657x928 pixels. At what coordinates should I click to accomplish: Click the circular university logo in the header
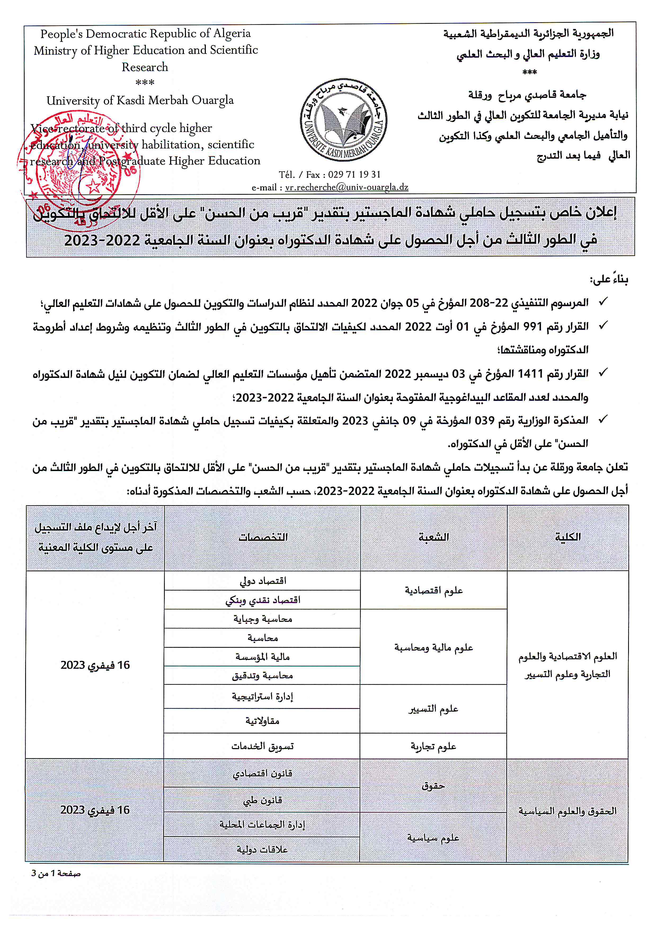pyautogui.click(x=344, y=120)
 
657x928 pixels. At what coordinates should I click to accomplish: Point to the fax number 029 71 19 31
pyautogui.click(x=354, y=175)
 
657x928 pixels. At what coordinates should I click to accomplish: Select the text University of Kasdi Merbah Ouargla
pyautogui.click(x=140, y=100)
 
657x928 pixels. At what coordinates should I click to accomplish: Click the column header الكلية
pyautogui.click(x=568, y=537)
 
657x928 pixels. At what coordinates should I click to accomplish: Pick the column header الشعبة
pyautogui.click(x=434, y=537)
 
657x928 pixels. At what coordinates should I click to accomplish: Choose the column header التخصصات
pyautogui.click(x=263, y=537)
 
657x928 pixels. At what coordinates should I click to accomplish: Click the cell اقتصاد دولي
pyautogui.click(x=263, y=581)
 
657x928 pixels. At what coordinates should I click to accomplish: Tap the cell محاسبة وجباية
pyautogui.click(x=263, y=619)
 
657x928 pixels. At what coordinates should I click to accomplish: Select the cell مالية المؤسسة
pyautogui.click(x=263, y=657)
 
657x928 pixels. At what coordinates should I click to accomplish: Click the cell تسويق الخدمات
pyautogui.click(x=263, y=746)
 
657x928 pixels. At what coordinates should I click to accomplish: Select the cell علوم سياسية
pyautogui.click(x=433, y=838)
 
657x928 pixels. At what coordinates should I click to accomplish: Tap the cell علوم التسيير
pyautogui.click(x=433, y=709)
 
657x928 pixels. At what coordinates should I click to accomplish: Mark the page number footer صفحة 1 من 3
pyautogui.click(x=56, y=874)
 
